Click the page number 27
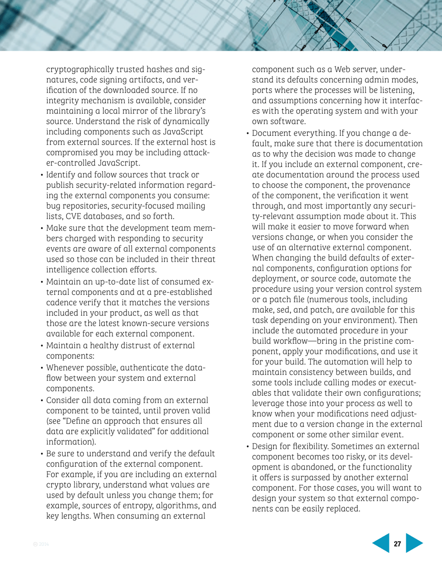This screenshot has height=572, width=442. click(397, 544)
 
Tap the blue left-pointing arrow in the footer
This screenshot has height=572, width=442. click(381, 544)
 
